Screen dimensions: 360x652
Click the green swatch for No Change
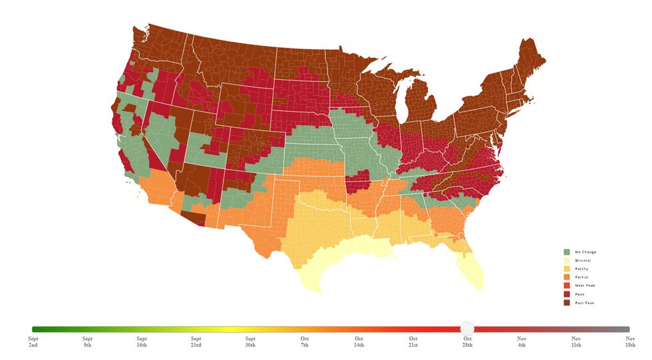pyautogui.click(x=567, y=252)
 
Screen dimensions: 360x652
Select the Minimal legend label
pyautogui.click(x=582, y=261)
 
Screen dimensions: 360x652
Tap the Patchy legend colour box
pyautogui.click(x=567, y=269)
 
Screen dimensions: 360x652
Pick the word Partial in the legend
pyautogui.click(x=581, y=277)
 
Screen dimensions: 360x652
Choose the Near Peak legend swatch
pyautogui.click(x=567, y=285)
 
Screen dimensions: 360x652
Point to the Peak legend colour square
pyautogui.click(x=567, y=294)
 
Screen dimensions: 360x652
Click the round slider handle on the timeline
pyautogui.click(x=467, y=329)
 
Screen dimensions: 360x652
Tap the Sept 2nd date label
pyautogui.click(x=33, y=342)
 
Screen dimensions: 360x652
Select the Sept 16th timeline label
pyautogui.click(x=142, y=342)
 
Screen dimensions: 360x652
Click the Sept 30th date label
pyautogui.click(x=250, y=342)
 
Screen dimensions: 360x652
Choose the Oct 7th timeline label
pyautogui.click(x=304, y=342)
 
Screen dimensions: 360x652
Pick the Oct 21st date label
pyautogui.click(x=413, y=342)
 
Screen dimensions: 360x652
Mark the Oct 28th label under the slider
pyautogui.click(x=468, y=342)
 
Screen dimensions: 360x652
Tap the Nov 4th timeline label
pyautogui.click(x=522, y=342)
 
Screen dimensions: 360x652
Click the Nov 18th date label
pyautogui.click(x=630, y=342)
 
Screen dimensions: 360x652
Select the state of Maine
pyautogui.click(x=529, y=63)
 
